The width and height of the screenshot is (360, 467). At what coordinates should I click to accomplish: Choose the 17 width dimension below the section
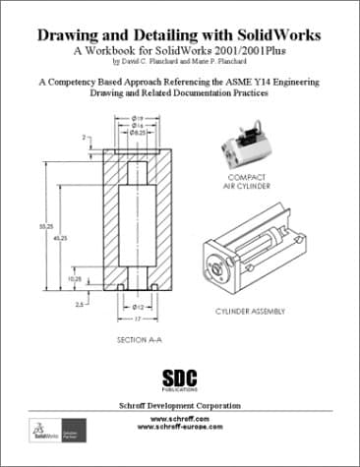point(140,318)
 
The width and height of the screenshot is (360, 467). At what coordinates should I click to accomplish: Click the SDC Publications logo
point(179,379)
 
